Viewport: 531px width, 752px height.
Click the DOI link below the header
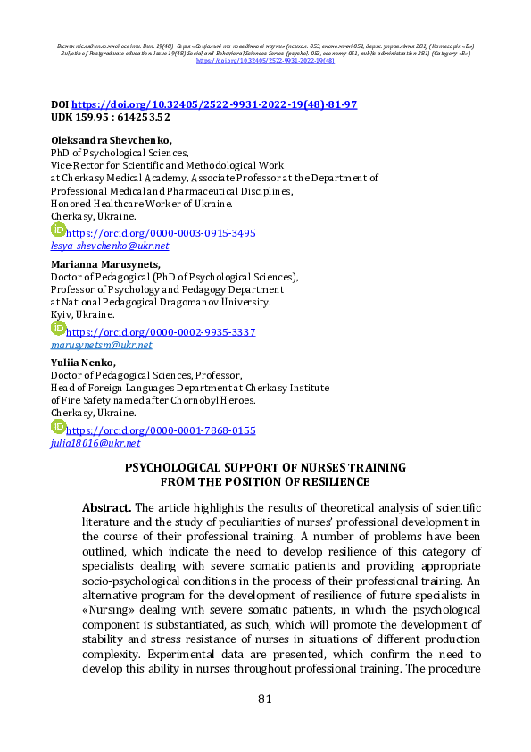[x=213, y=104]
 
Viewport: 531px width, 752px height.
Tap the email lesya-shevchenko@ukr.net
[x=110, y=246]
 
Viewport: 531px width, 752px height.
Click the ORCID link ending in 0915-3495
[x=162, y=233]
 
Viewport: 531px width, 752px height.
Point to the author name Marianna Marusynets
[x=105, y=264]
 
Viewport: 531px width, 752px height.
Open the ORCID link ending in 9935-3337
[x=162, y=332]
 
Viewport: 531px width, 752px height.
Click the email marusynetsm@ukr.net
[x=101, y=345]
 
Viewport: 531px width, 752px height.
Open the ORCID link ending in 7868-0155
[x=162, y=430]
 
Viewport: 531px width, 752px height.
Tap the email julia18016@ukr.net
[x=95, y=443]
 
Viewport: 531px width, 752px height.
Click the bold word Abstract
[x=106, y=507]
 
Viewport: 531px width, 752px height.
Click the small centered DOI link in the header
[x=265, y=61]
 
